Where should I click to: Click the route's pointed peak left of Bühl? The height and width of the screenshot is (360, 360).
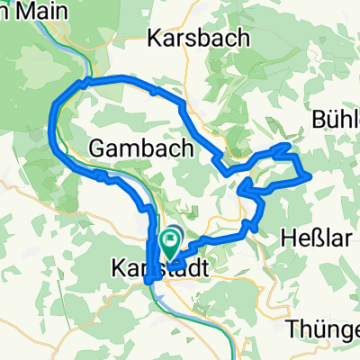[x=287, y=144]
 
